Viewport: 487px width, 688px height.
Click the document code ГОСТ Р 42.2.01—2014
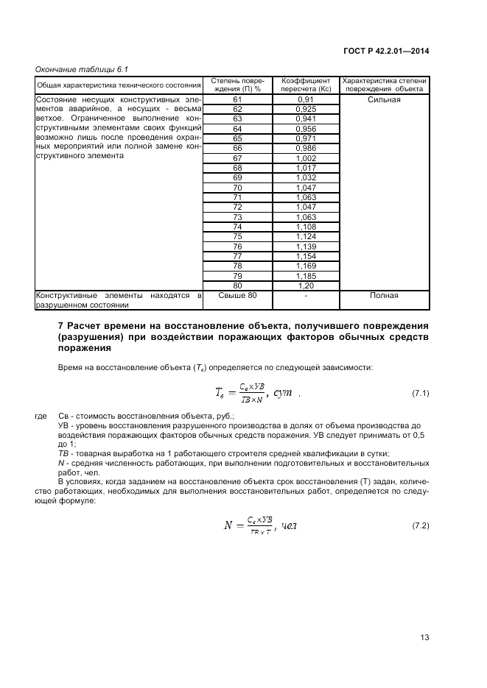tap(386, 51)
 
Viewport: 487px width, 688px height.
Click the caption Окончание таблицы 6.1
tap(82, 69)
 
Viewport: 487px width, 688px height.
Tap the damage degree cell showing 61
tap(237, 99)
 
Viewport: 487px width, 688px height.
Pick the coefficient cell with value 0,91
tap(305, 99)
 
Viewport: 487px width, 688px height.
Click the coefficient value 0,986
tap(305, 148)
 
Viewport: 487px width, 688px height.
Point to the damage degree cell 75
tap(237, 236)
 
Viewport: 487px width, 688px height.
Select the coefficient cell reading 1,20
tap(305, 286)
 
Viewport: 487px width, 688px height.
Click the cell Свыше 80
tap(237, 295)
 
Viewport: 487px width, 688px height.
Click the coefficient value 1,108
tap(305, 227)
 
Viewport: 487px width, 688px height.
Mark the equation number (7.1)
tap(420, 394)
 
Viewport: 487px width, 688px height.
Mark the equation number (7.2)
tap(420, 525)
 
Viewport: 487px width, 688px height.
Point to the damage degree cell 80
tap(237, 286)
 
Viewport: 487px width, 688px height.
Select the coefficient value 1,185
tap(305, 276)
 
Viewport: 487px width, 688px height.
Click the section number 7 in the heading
tap(60, 325)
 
